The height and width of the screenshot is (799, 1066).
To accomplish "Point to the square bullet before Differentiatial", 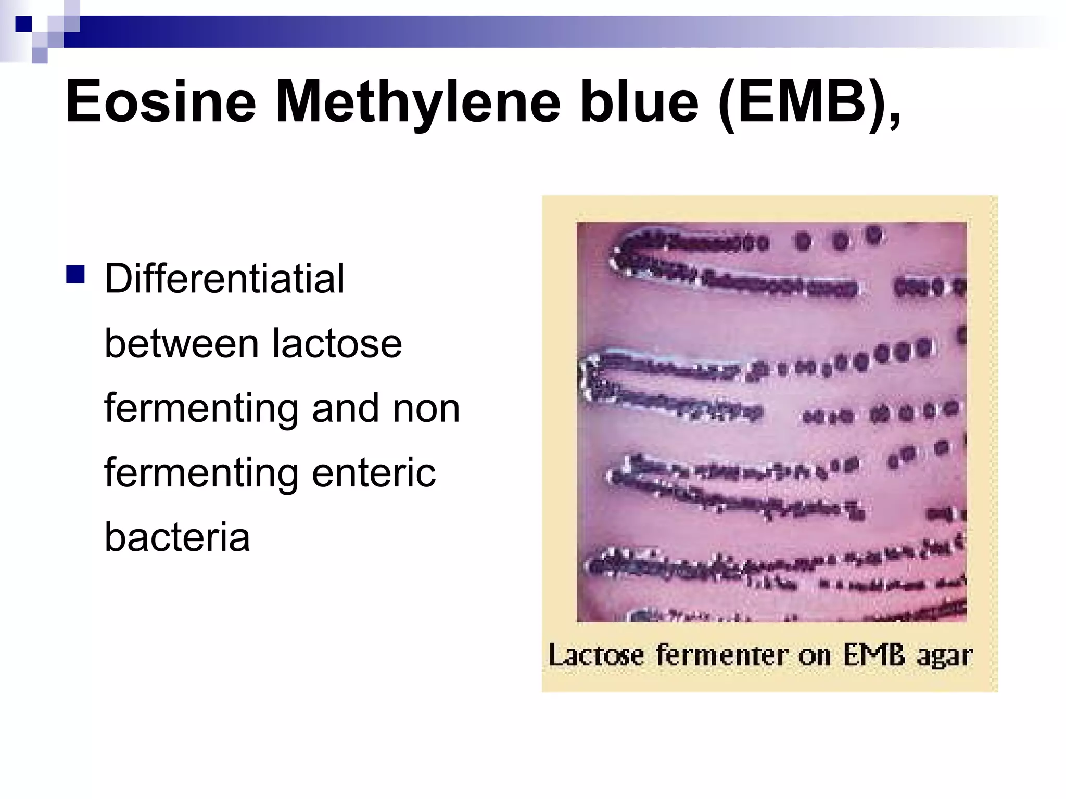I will [x=75, y=274].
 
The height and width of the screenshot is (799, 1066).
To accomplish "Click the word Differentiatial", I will [x=224, y=279].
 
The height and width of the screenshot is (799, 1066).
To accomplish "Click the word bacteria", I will [x=177, y=537].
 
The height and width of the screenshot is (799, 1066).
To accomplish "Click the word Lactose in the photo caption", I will [x=596, y=655].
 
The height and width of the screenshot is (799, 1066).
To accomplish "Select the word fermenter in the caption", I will [x=722, y=655].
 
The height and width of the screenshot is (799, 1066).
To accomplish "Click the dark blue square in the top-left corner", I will [x=23, y=24].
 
